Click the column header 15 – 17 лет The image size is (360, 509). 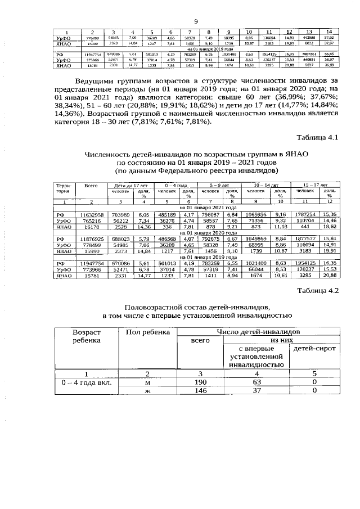pyautogui.click(x=316, y=184)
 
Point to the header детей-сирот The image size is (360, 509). pyautogui.click(x=314, y=350)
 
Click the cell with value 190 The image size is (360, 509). pyautogui.click(x=196, y=382)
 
